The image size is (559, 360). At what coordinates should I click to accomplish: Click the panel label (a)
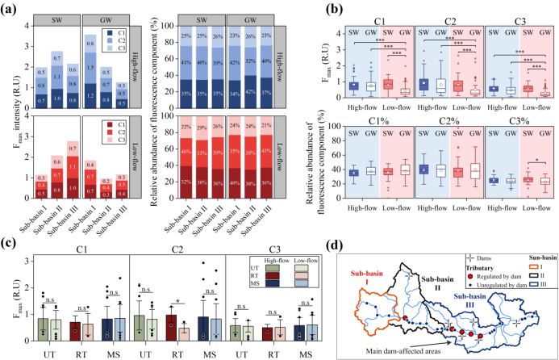tap(14, 7)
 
